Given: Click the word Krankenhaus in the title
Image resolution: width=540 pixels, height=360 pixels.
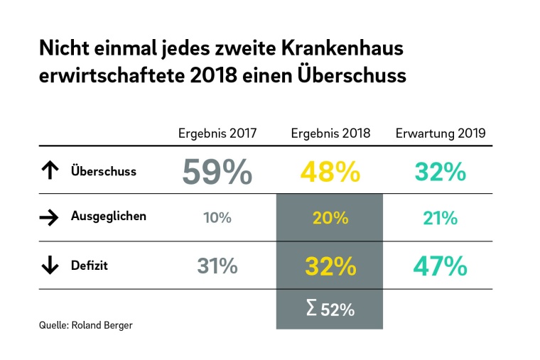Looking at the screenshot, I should click(343, 49).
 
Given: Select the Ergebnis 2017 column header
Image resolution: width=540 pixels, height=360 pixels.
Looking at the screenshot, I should click(217, 133).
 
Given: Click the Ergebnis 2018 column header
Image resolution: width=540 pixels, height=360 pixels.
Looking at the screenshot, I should click(330, 133).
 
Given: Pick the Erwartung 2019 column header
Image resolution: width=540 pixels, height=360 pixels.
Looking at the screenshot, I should click(441, 133).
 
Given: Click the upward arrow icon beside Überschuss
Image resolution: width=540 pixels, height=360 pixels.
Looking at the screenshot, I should click(50, 171).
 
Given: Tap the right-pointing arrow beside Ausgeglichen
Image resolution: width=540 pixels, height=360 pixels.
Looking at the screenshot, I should click(50, 217).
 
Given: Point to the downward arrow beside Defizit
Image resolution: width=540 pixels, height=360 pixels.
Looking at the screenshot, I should click(50, 266).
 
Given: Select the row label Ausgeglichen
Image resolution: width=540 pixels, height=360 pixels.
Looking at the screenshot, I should click(108, 217).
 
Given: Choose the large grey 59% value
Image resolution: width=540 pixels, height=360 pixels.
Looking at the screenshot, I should click(217, 171).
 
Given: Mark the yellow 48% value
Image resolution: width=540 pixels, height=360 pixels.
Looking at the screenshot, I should click(330, 172).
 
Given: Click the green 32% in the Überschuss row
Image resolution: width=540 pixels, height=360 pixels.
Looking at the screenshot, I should click(441, 172).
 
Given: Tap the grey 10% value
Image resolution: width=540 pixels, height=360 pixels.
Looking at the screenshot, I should click(217, 218).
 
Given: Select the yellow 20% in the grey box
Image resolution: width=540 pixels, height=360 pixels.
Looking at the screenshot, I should click(330, 218).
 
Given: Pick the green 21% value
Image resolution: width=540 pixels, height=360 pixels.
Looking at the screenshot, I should click(441, 218).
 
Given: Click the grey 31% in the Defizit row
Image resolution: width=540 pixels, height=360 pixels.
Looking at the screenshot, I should click(217, 266).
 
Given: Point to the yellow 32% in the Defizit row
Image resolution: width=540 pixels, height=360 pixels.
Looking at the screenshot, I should click(330, 266).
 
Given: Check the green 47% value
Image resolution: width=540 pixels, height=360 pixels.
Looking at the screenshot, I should click(441, 266).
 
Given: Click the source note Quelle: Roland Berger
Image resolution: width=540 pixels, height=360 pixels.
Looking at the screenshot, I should click(86, 325).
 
